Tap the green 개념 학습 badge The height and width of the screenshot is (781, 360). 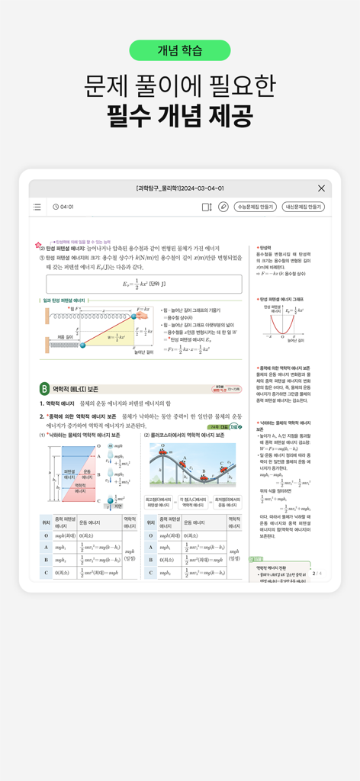click(x=180, y=50)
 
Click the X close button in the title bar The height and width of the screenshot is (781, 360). click(x=321, y=188)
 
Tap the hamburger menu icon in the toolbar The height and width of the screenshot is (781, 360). click(x=37, y=207)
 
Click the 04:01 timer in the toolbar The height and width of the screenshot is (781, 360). click(x=63, y=207)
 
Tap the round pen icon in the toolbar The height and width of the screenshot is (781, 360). click(x=223, y=207)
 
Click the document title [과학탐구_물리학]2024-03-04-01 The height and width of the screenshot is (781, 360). click(x=180, y=188)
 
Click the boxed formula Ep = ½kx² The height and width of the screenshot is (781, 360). click(x=143, y=284)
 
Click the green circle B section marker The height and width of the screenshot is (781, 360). click(x=44, y=389)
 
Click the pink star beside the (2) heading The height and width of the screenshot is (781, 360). click(x=38, y=246)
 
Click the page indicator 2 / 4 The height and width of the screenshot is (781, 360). click(x=317, y=572)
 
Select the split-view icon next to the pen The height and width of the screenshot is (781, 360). click(x=206, y=207)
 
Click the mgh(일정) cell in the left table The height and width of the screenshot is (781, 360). click(x=130, y=551)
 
